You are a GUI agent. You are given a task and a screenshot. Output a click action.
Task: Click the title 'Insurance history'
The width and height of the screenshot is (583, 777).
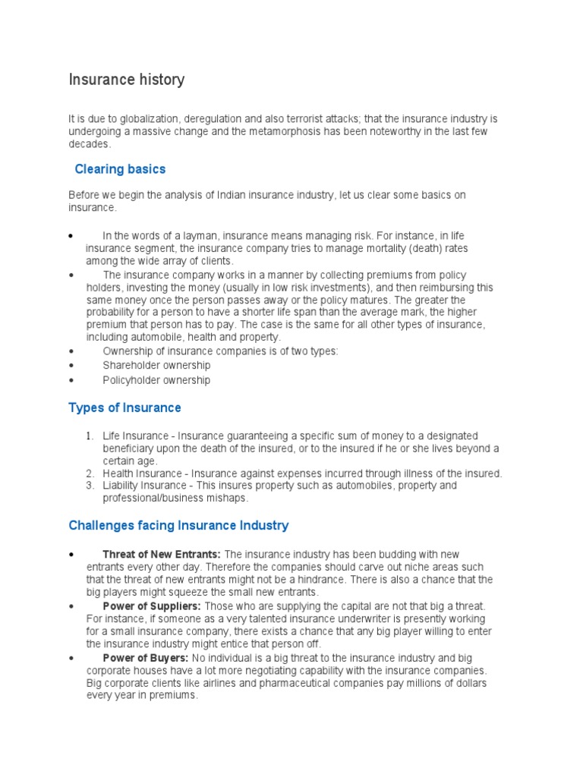point(126,80)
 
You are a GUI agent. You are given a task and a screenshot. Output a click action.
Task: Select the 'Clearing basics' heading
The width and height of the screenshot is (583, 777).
point(120,168)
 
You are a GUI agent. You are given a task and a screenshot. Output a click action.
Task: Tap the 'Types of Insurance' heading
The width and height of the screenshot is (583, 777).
point(124,407)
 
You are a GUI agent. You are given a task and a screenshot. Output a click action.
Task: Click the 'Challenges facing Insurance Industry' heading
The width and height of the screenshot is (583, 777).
point(178,525)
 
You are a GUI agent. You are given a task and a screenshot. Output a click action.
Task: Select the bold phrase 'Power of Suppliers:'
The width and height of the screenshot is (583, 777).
point(152,606)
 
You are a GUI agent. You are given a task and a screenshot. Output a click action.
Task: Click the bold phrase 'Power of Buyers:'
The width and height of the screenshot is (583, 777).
point(146,658)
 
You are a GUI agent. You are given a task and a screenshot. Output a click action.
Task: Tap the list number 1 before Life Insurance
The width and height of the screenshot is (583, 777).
point(89,436)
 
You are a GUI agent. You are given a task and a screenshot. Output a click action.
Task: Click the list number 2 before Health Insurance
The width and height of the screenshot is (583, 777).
point(89,473)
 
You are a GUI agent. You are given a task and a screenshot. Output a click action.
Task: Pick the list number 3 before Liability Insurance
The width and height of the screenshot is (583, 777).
point(89,486)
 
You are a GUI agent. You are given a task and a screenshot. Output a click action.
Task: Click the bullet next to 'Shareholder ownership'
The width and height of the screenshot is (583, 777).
point(71,366)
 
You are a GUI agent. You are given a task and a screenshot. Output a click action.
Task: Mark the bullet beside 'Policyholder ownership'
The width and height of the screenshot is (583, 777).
point(71,380)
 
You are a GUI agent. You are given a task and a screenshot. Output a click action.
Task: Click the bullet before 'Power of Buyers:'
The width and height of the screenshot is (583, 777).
point(71,659)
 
